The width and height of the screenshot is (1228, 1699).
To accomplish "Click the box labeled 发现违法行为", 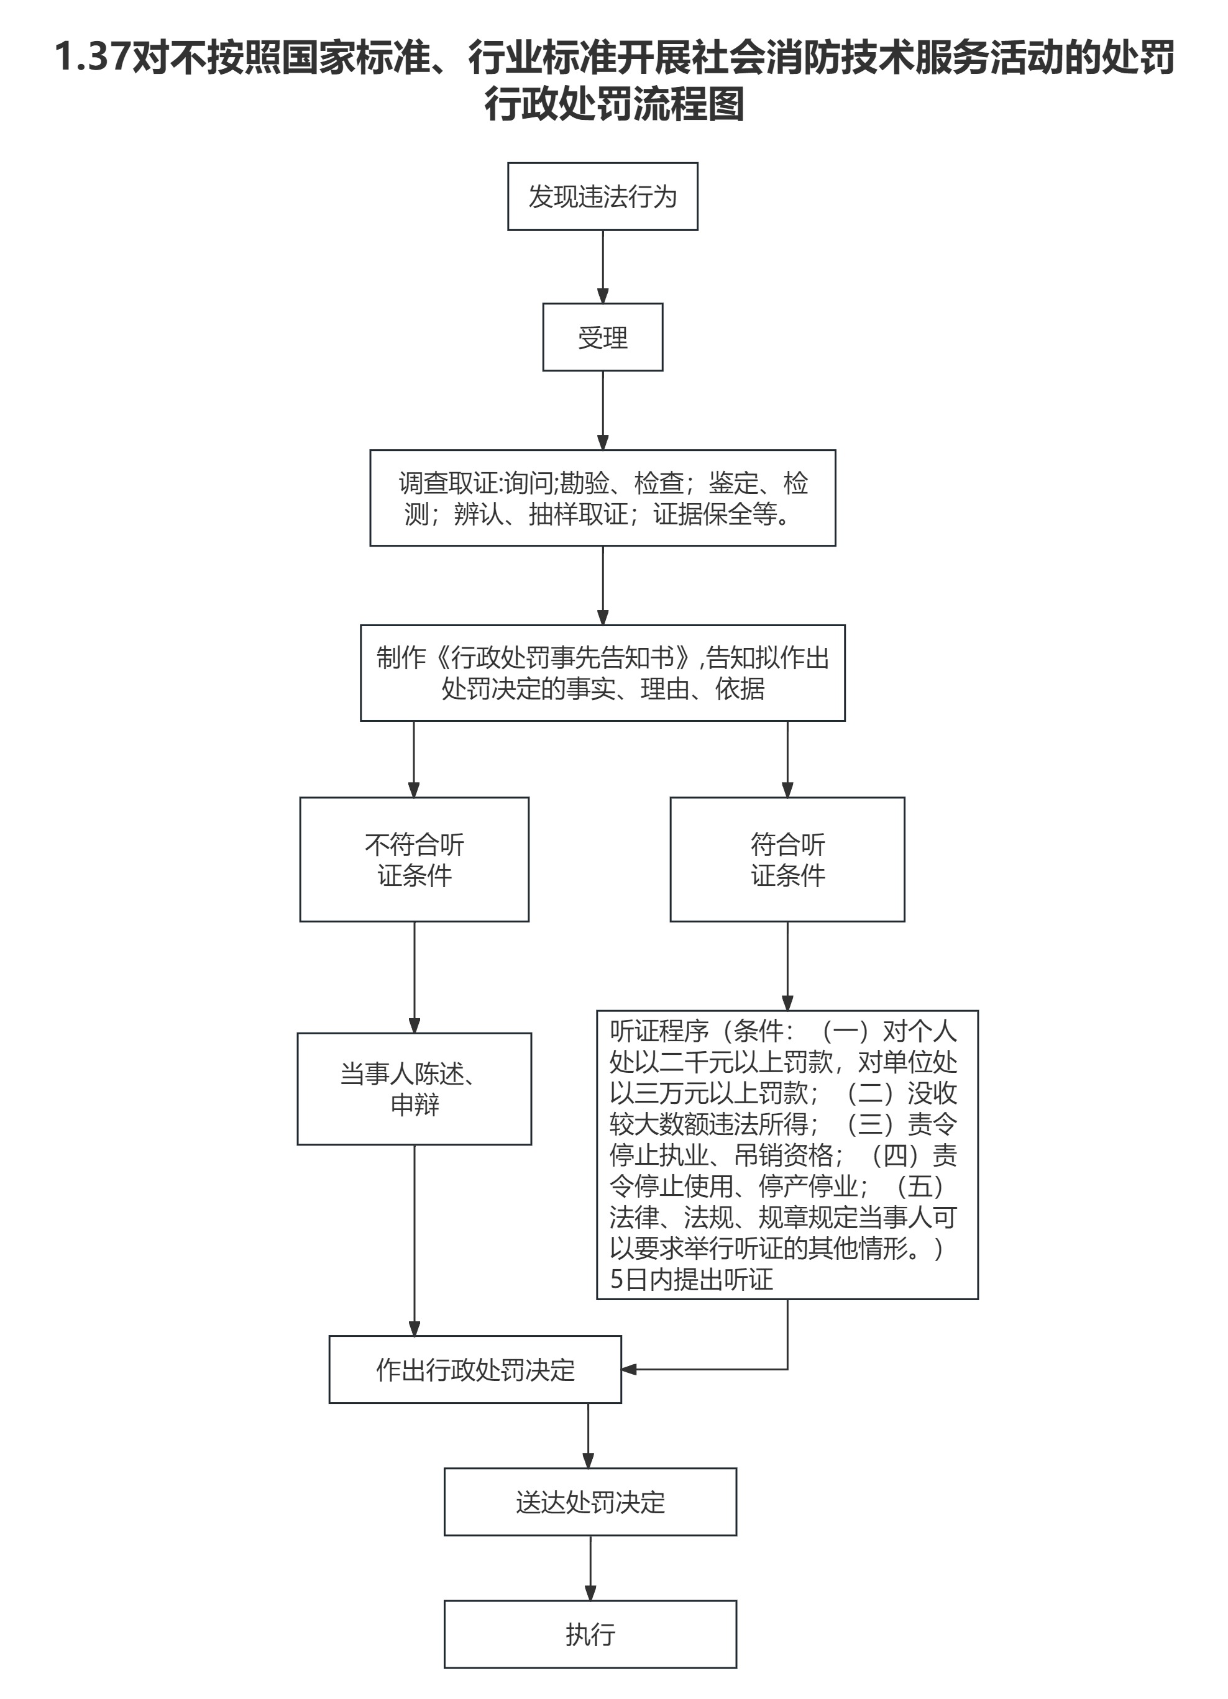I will (602, 196).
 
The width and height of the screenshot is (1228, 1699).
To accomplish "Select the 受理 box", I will (602, 337).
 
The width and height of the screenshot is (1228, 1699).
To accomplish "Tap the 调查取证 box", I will (602, 498).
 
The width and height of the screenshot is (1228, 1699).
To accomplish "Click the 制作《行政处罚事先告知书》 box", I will (602, 673).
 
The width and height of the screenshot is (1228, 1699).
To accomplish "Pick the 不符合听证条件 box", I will (415, 859).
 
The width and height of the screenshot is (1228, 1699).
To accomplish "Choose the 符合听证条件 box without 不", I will (787, 859).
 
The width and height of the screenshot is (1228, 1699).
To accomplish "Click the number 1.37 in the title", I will (92, 58).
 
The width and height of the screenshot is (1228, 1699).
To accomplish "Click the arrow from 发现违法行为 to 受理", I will (602, 266).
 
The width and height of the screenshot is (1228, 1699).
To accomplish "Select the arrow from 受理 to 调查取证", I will (602, 411).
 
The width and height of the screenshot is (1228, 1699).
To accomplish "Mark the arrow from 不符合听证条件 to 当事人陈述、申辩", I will (415, 978).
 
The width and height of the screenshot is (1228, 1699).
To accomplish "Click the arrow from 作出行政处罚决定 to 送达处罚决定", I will (588, 1436).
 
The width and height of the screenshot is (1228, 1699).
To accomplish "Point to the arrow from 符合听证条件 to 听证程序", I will (787, 967).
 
